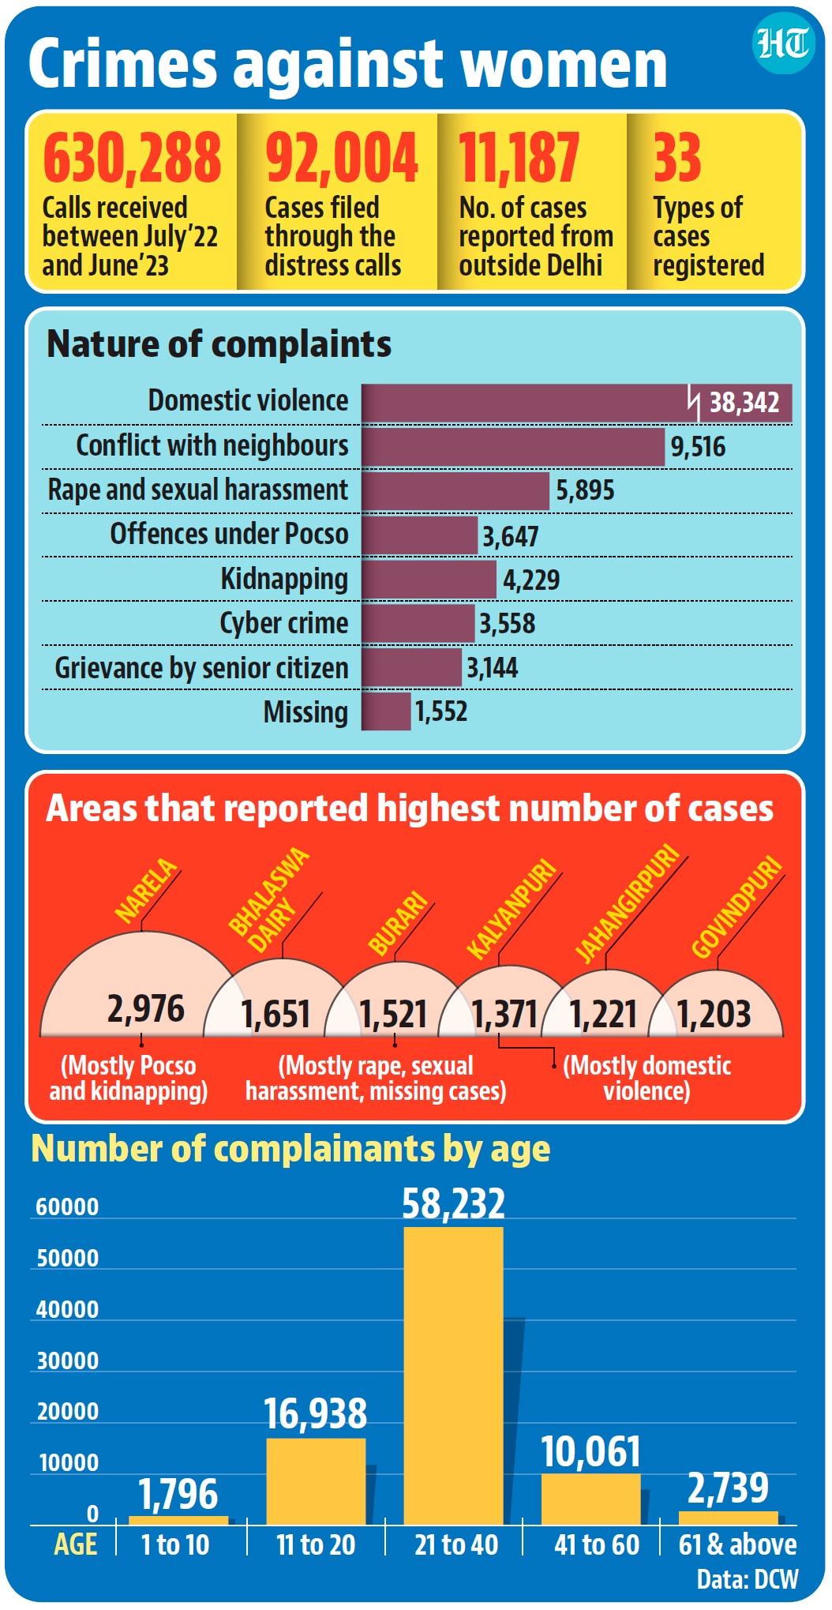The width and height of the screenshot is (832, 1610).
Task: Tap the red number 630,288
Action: pos(132,157)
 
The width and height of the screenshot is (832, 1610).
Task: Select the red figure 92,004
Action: pos(341,157)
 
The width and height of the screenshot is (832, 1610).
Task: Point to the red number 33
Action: pos(676,157)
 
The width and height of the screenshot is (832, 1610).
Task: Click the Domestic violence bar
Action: pos(577,403)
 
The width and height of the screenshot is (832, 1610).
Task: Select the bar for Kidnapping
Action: pos(429,580)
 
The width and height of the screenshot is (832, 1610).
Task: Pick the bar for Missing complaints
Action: pos(386,711)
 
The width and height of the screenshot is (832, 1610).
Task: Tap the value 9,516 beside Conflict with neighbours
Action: pos(698,447)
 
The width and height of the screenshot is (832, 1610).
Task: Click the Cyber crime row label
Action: pos(283,623)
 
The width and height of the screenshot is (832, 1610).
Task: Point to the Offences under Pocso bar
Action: pos(419,535)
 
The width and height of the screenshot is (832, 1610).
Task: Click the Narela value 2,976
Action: pos(146,1009)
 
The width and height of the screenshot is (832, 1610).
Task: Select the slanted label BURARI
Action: pos(399,923)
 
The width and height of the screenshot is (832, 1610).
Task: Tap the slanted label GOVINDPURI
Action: pos(737,906)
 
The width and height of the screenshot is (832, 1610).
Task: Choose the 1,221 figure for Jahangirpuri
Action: pos(603,1015)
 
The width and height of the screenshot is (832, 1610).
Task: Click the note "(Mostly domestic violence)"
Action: pos(647,1079)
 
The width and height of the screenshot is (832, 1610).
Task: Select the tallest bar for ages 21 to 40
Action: pos(453,1375)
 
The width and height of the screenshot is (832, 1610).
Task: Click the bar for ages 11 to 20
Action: pos(316,1481)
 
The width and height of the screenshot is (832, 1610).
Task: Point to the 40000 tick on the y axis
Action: pos(68,1309)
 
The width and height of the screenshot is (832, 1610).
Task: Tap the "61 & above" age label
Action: pos(737,1544)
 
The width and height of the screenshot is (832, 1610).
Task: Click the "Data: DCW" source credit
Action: pos(748,1579)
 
